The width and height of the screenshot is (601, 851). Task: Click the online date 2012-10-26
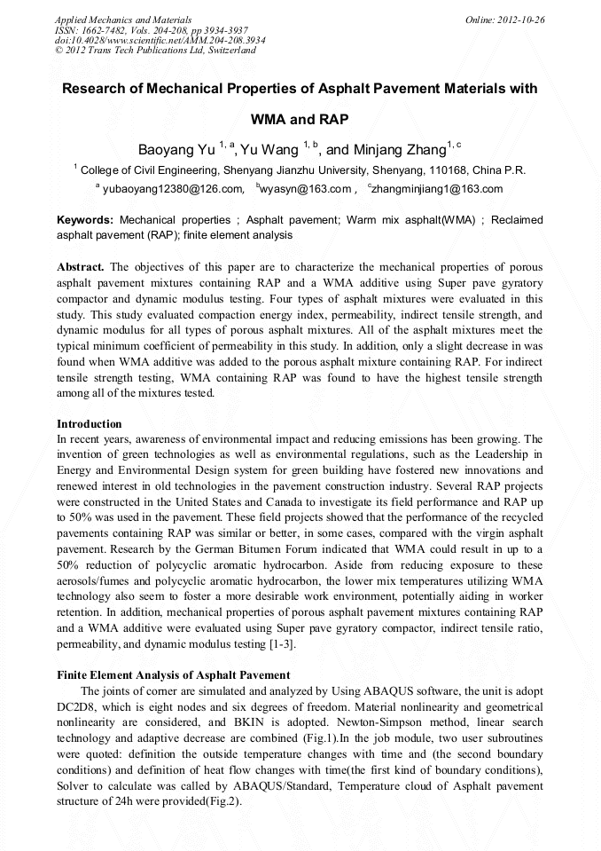pos(519,19)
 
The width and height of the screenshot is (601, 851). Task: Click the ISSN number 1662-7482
pos(105,29)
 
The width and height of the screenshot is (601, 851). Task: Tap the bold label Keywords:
pos(85,219)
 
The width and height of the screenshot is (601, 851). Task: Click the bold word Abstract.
pos(81,266)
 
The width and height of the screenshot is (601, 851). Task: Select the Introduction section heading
pos(89,424)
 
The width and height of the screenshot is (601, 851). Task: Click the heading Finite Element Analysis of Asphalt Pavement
pos(173,675)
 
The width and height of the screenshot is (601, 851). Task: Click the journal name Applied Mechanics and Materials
pos(123,19)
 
